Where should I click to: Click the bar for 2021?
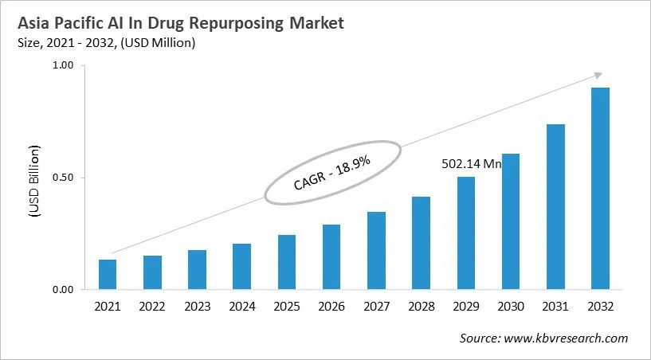(108, 275)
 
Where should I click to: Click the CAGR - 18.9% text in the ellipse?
(331, 173)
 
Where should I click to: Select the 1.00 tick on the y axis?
(64, 66)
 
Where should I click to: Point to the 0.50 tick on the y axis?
(64, 178)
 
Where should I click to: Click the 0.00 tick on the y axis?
(64, 289)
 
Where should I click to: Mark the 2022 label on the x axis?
(152, 307)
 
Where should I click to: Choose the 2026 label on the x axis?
(331, 307)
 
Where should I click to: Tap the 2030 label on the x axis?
(511, 307)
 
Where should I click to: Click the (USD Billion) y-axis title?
(33, 182)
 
